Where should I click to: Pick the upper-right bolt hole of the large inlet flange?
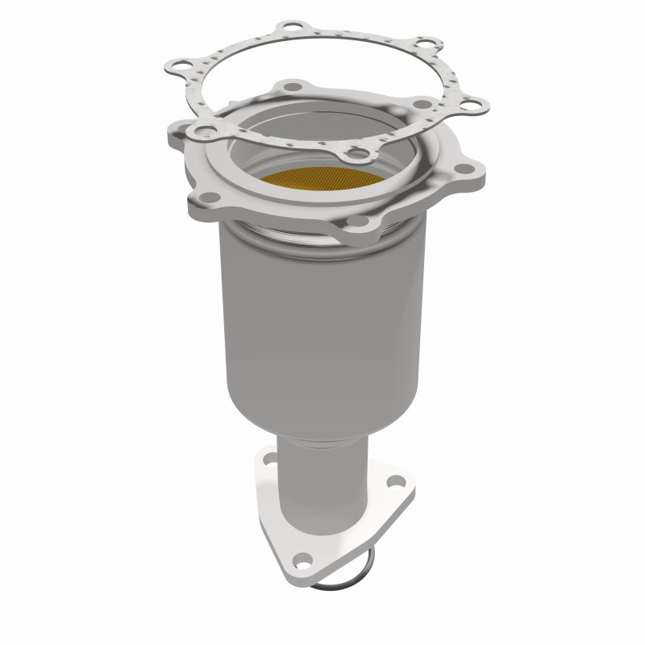point(421,104)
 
